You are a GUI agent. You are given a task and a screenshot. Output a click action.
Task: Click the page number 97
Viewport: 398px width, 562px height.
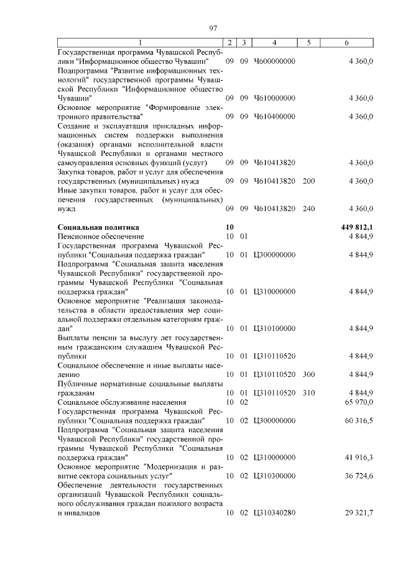pos(213,28)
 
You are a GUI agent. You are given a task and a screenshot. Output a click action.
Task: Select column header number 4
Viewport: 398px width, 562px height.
pos(274,42)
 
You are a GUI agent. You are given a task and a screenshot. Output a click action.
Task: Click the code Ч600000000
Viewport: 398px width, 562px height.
pos(274,61)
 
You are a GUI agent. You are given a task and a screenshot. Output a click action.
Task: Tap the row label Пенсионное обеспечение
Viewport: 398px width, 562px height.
pos(101,237)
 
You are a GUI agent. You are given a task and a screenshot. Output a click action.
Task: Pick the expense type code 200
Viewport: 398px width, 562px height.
pos(308,181)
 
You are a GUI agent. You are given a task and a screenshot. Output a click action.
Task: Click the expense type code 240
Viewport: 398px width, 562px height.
pos(308,209)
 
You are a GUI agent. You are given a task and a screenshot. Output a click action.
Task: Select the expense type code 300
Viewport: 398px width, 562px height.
pos(308,374)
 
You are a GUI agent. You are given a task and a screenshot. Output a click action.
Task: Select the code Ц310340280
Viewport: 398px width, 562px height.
pos(274,513)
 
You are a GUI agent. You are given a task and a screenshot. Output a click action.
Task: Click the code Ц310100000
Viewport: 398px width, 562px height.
pos(274,328)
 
